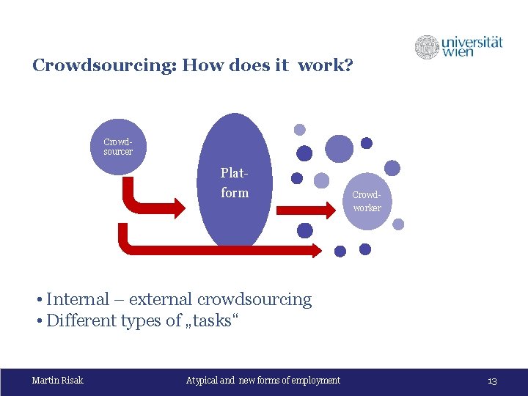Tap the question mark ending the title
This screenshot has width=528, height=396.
coord(349,66)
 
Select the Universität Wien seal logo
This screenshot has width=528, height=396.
coord(427,47)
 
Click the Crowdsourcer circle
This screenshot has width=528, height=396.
coord(118,147)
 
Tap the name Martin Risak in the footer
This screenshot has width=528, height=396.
coord(58,380)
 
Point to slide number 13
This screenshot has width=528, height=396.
coord(492,381)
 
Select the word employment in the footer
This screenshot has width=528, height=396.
coord(315,380)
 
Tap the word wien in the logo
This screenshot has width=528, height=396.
coord(458,52)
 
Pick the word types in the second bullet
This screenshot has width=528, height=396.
coord(143,321)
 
